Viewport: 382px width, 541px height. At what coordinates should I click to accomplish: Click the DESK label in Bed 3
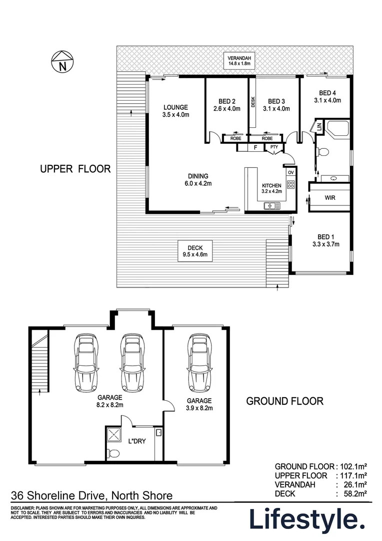253,102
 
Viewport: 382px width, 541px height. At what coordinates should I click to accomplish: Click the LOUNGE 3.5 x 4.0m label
175,111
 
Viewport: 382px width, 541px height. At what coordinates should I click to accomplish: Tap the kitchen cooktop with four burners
290,184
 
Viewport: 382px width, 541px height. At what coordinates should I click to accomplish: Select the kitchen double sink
271,205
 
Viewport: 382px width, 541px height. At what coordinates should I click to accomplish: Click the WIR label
329,198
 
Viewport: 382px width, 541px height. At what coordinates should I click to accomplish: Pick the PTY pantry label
274,147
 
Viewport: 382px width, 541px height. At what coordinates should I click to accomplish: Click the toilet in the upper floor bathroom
323,151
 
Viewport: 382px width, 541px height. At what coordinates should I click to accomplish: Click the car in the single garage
198,363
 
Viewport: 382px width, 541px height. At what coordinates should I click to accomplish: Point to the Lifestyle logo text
305,519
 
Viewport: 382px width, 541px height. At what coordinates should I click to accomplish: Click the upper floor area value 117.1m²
352,475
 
